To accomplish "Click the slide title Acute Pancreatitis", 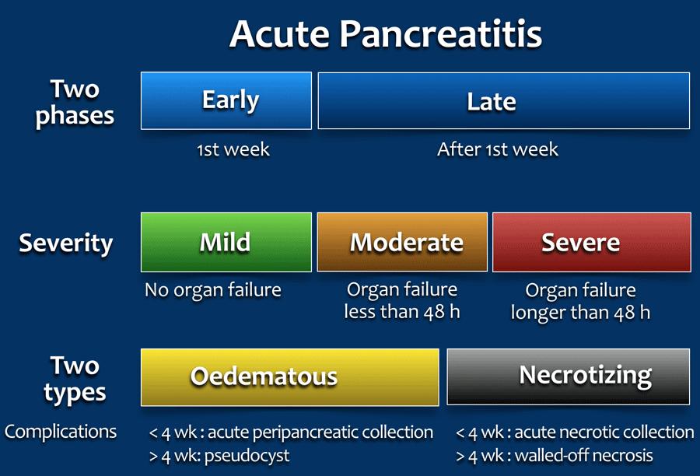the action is click(x=386, y=34).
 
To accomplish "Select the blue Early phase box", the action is click(x=226, y=101).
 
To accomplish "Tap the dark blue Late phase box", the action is click(x=503, y=101).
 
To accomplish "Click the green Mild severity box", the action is click(x=226, y=242).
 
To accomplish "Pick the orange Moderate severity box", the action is click(x=402, y=242).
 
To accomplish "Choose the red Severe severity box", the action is click(x=592, y=242).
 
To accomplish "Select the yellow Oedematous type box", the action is click(x=290, y=377).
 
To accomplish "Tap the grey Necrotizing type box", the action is click(x=569, y=377).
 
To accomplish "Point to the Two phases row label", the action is click(x=75, y=103).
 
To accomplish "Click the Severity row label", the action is click(x=65, y=243).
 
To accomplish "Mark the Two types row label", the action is click(x=75, y=380).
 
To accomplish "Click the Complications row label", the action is click(x=60, y=432).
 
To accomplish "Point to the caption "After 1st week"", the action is click(x=497, y=149).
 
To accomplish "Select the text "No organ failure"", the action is click(x=213, y=290).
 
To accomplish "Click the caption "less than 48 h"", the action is click(x=402, y=312).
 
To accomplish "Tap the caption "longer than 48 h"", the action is click(x=580, y=313).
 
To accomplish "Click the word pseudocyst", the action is click(x=247, y=456).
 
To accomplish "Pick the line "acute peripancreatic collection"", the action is click(x=320, y=432).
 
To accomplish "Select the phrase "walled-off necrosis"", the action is click(x=583, y=456).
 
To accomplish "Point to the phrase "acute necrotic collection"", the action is click(x=604, y=432).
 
